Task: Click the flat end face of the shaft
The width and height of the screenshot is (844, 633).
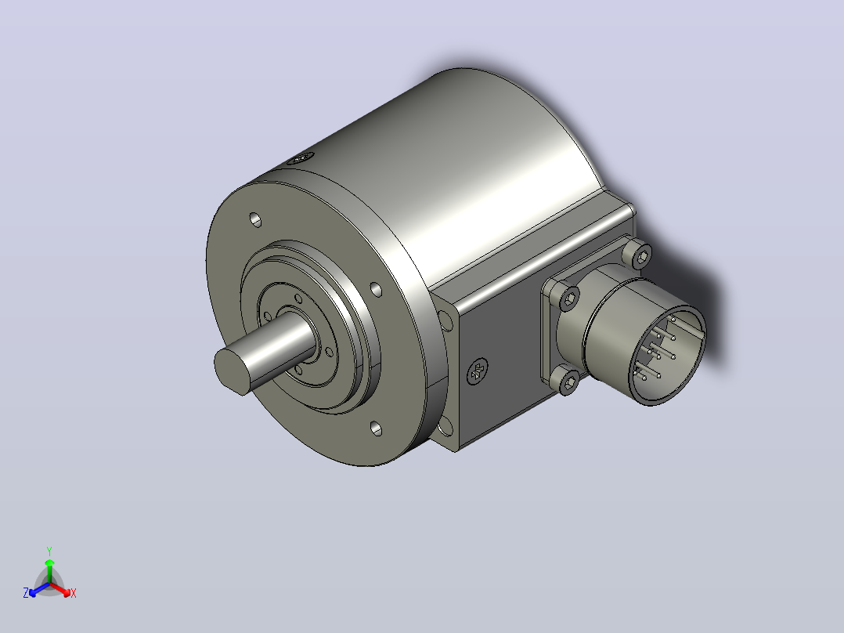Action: [x=233, y=370]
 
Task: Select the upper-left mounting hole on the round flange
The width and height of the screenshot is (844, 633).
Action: [x=255, y=220]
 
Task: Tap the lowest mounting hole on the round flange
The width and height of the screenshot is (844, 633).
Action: [x=377, y=429]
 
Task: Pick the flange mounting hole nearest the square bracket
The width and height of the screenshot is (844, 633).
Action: [x=377, y=290]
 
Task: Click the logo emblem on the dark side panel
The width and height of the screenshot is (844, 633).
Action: [x=477, y=371]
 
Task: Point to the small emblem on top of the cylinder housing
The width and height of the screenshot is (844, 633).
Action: [x=301, y=158]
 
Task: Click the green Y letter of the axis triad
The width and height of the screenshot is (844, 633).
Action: [x=49, y=551]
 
